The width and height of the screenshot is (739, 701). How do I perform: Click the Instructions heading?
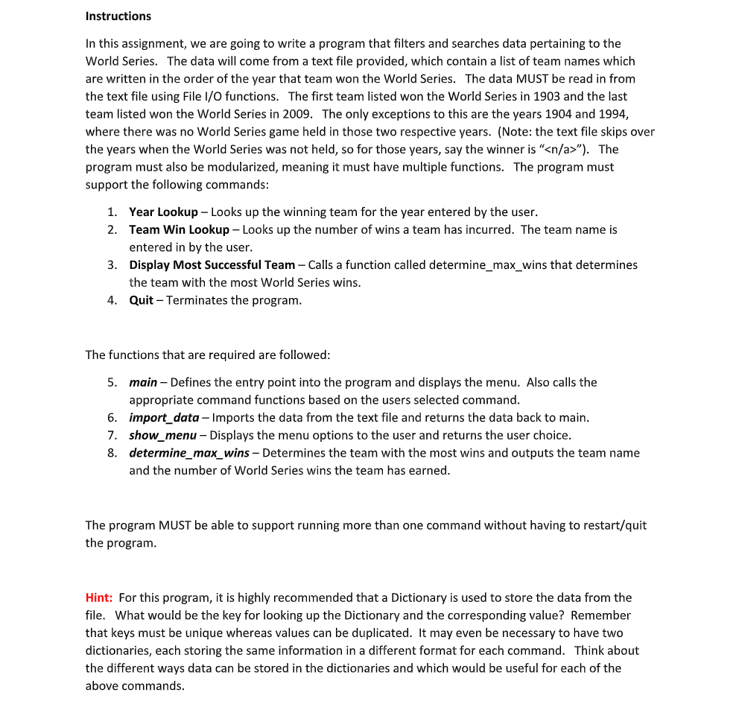(x=118, y=16)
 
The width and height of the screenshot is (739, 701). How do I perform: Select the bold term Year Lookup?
(x=163, y=212)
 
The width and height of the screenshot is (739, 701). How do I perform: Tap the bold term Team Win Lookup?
(x=179, y=229)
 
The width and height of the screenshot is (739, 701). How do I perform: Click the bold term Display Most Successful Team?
(x=212, y=264)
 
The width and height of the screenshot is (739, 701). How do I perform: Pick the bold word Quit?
(x=141, y=300)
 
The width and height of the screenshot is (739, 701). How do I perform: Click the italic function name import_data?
(x=164, y=417)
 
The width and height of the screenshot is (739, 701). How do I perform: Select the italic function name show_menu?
(x=162, y=435)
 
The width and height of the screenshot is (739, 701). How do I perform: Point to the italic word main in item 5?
(x=143, y=382)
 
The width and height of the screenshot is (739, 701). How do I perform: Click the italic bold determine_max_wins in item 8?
(x=189, y=453)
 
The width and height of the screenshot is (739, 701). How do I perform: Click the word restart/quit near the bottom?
(x=615, y=525)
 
